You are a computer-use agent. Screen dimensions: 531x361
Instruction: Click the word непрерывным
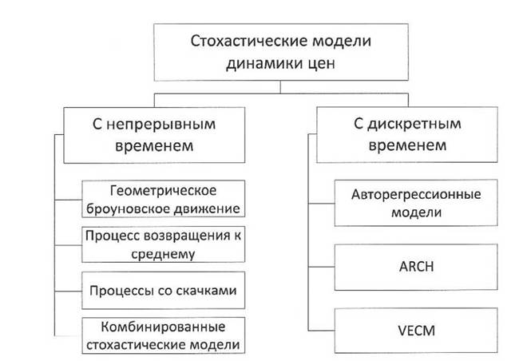160,125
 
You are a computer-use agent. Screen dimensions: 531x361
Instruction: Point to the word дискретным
414,124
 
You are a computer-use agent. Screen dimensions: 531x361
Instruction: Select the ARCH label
416,267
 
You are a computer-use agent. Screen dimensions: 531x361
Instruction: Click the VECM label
416,331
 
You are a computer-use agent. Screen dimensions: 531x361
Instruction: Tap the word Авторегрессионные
416,194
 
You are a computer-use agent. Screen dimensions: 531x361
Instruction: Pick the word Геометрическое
163,191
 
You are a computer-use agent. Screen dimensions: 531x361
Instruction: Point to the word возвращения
187,236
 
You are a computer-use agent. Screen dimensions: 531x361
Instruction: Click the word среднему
163,254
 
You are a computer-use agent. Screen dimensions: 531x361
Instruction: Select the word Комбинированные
163,327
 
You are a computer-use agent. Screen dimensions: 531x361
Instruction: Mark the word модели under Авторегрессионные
416,212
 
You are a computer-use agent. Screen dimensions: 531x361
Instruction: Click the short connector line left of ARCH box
321,267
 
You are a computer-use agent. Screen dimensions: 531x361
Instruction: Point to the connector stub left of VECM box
321,330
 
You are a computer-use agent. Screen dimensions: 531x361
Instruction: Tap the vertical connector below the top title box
280,87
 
